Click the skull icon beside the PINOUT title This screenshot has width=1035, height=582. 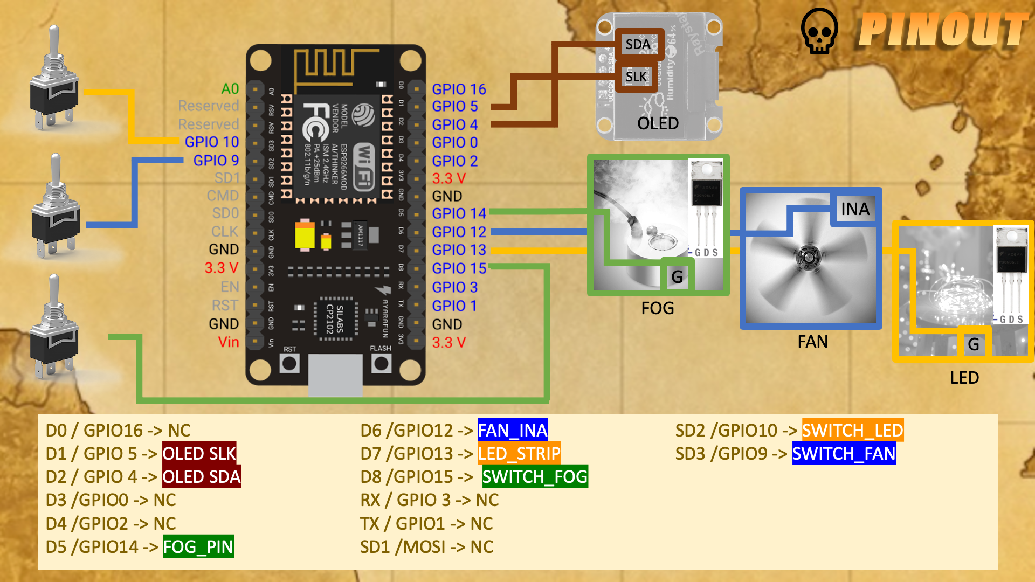819,31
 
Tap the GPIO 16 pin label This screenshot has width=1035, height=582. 459,89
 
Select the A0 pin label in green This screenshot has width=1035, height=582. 230,89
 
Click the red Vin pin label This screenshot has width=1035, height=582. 228,342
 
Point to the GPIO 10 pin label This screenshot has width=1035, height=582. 211,142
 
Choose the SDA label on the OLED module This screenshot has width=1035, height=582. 638,44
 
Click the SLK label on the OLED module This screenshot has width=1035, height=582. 636,77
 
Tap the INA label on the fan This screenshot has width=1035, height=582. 855,209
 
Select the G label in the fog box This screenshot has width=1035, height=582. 677,277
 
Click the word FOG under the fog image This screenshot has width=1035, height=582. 658,308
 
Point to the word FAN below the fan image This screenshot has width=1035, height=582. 812,342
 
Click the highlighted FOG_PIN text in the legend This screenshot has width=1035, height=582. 198,547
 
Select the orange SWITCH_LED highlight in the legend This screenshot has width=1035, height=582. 852,431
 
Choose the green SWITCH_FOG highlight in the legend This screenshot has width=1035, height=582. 534,477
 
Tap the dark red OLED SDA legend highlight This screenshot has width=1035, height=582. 202,477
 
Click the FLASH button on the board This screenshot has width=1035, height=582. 381,364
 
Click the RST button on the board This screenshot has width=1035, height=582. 289,364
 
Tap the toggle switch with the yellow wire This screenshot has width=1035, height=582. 54,86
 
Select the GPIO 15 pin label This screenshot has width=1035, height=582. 459,268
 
